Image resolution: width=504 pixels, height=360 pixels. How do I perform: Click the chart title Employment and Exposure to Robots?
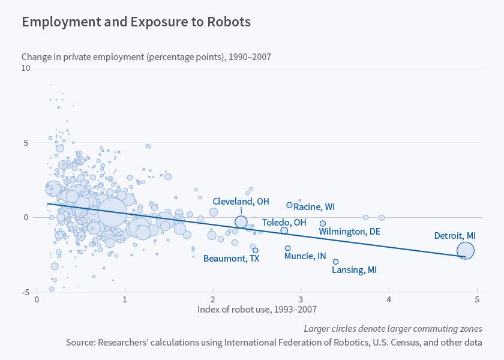click(x=136, y=22)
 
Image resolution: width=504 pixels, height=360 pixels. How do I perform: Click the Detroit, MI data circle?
click(x=465, y=251)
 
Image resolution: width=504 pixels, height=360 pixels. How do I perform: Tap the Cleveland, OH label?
click(x=241, y=201)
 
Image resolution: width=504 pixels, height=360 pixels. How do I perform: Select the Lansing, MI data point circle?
click(x=335, y=262)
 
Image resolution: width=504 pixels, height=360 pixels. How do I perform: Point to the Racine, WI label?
click(x=314, y=207)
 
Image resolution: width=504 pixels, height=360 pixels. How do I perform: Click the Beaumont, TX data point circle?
click(x=256, y=250)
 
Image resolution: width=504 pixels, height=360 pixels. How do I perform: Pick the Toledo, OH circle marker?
click(x=284, y=230)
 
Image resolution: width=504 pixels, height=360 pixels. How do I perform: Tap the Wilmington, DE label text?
click(x=349, y=232)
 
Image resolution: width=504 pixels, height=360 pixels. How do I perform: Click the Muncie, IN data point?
click(x=287, y=248)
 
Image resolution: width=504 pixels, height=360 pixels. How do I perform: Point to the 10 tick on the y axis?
click(x=25, y=68)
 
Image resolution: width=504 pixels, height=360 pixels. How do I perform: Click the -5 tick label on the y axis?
click(x=25, y=292)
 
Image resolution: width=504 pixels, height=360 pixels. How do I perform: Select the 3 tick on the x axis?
click(x=301, y=299)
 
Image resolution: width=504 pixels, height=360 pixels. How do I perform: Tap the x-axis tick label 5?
click(x=476, y=299)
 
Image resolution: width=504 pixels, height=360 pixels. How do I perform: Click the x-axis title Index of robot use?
click(x=257, y=310)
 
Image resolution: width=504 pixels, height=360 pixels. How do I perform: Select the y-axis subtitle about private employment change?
click(x=146, y=57)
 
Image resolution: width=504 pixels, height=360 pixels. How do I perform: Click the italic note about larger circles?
click(x=393, y=328)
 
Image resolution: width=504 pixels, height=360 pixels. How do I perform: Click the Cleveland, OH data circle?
click(x=241, y=222)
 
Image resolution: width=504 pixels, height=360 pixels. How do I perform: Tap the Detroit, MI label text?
click(x=455, y=236)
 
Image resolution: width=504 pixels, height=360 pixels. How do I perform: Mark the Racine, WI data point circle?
click(x=289, y=205)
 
